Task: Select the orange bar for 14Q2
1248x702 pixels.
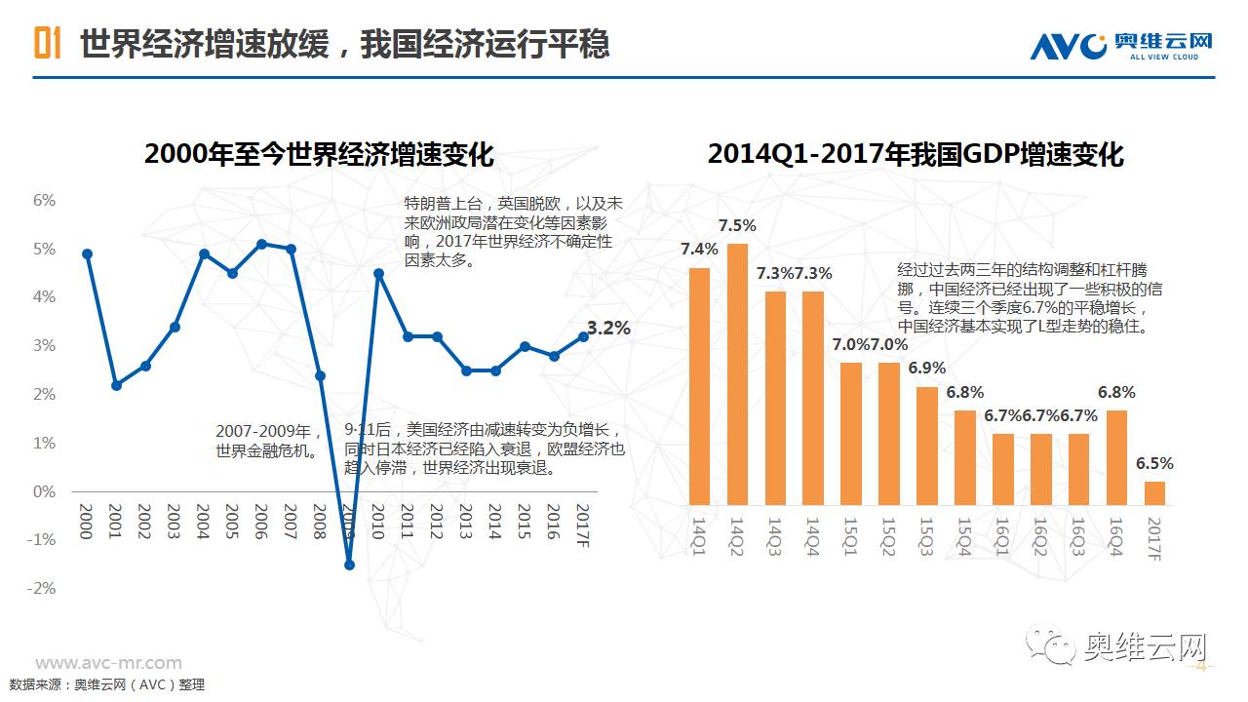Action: [x=738, y=374]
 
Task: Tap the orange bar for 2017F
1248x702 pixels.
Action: [x=1154, y=493]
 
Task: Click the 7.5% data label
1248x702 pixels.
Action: [x=737, y=226]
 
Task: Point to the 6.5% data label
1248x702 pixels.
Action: [x=1154, y=464]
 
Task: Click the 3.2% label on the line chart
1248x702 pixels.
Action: [x=608, y=329]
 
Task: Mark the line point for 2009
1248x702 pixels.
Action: [x=349, y=565]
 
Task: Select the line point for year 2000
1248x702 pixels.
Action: [x=87, y=253]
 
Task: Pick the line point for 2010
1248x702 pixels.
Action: [x=378, y=273]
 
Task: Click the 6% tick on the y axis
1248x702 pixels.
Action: [x=44, y=200]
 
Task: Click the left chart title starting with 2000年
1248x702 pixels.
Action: [x=319, y=155]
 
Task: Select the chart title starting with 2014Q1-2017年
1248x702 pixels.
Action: [x=916, y=154]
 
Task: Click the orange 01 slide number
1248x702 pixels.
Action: [x=48, y=44]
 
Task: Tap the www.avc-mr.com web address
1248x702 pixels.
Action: [x=108, y=663]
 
